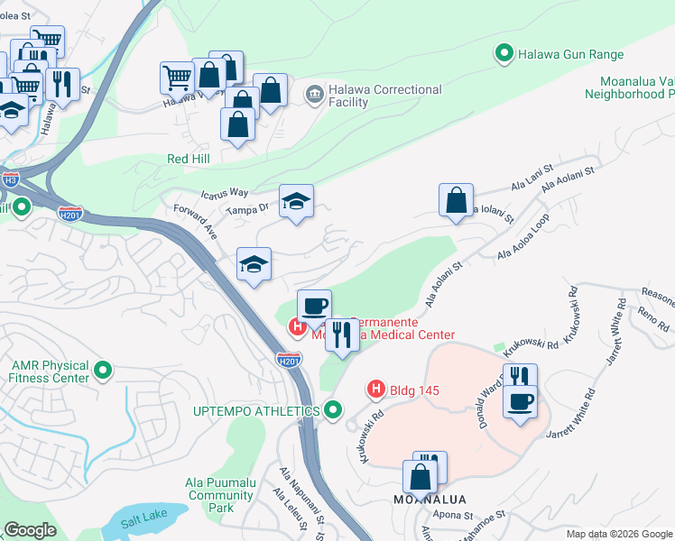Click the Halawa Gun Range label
click(x=570, y=54)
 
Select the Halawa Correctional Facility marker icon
click(x=314, y=93)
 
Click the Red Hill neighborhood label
click(x=189, y=159)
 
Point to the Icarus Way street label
click(x=225, y=192)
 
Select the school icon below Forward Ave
click(x=254, y=264)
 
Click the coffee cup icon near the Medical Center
click(x=314, y=307)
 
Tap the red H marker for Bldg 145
click(x=376, y=390)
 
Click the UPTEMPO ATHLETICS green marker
click(x=333, y=410)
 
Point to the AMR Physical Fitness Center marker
click(x=103, y=370)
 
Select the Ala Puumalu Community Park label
click(x=221, y=495)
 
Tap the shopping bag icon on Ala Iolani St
click(x=457, y=200)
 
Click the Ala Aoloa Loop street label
click(x=523, y=238)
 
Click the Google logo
click(x=30, y=530)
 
